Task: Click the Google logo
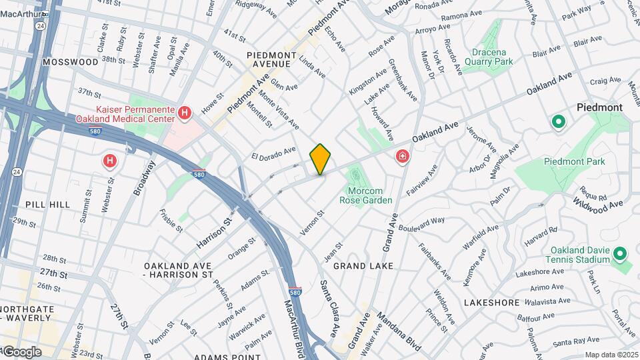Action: (x=22, y=351)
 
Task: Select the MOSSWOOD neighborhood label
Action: (x=70, y=61)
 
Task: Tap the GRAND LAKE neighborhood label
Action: (x=363, y=266)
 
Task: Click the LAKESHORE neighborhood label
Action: (x=491, y=303)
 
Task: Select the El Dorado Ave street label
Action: (x=273, y=155)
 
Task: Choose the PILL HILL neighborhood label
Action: (x=47, y=204)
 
